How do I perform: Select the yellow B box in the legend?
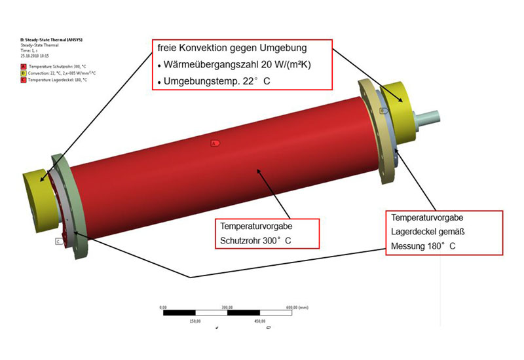tap(24, 73)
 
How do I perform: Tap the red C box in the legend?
tap(24, 79)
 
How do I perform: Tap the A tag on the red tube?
tap(214, 142)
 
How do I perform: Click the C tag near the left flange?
tap(58, 242)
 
